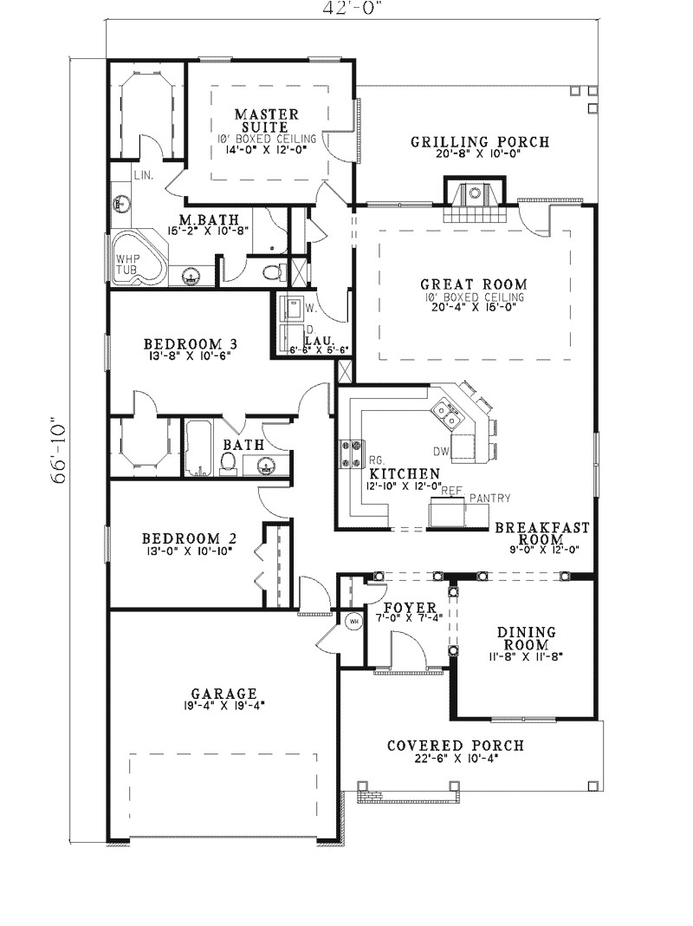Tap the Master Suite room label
click(x=268, y=121)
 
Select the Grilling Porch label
click(x=479, y=142)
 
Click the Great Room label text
click(x=474, y=284)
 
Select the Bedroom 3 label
click(x=190, y=343)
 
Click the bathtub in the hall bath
click(x=198, y=449)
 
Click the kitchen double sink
click(x=448, y=413)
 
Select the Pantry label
click(x=489, y=498)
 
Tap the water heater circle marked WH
click(x=353, y=621)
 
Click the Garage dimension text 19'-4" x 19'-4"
click(x=223, y=706)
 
